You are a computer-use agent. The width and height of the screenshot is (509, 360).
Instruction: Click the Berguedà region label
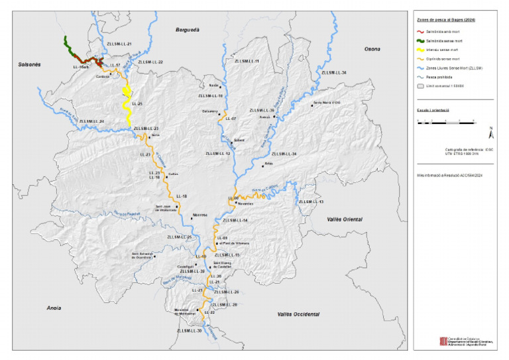(x=188, y=30)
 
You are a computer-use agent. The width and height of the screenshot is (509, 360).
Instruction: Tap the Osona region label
(x=373, y=49)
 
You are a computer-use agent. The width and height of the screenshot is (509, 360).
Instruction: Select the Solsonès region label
(x=26, y=64)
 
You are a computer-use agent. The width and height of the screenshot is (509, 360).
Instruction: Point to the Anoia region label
(x=54, y=308)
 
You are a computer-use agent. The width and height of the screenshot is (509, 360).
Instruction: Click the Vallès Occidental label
(x=298, y=314)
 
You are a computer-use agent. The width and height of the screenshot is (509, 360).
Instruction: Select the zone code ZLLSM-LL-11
(x=246, y=61)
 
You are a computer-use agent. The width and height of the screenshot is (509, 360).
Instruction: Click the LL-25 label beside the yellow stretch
(x=137, y=104)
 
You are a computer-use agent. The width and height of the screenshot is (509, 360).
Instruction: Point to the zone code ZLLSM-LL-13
(x=311, y=202)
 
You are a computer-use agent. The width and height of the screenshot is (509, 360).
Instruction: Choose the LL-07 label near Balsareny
(x=230, y=119)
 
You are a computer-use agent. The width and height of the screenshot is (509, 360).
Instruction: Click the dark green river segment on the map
(x=68, y=45)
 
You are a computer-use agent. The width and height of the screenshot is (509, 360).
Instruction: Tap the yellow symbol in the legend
(x=421, y=49)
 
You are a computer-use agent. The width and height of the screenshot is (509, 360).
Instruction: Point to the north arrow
(x=490, y=130)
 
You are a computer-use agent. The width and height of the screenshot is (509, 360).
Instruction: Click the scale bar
(x=445, y=122)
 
